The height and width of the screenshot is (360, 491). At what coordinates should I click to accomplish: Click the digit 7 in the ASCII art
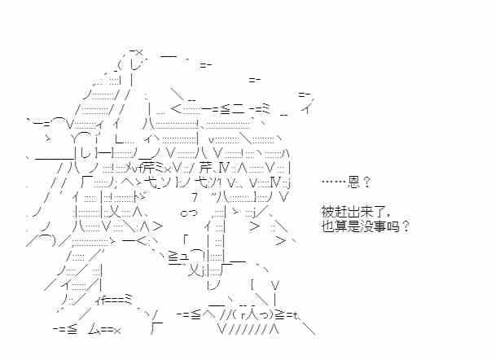[x=193, y=196]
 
